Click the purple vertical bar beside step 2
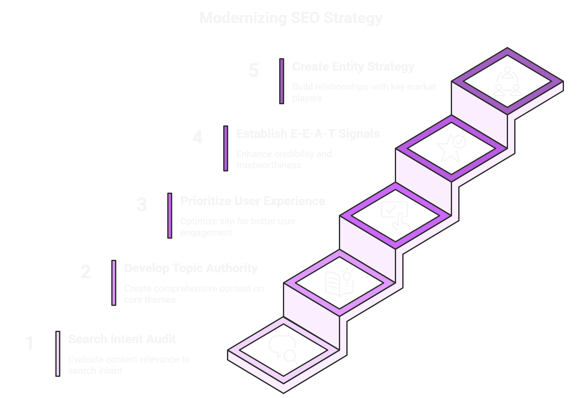pos(114,283)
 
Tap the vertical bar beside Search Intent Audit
pos(58,354)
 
